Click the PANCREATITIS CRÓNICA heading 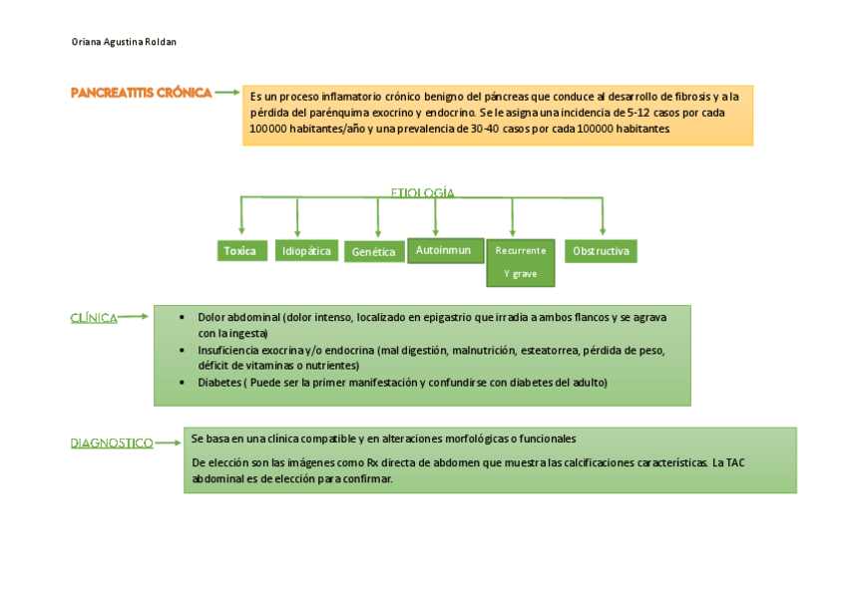141,93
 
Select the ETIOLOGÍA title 422,191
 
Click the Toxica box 240,251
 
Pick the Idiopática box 306,251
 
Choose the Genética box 374,252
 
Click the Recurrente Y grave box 520,261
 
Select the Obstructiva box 601,251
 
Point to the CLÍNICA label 94,318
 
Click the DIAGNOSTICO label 112,443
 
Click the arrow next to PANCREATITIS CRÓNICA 227,92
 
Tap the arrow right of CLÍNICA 135,317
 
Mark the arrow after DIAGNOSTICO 169,442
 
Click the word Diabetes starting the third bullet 217,383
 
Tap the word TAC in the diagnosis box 734,463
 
